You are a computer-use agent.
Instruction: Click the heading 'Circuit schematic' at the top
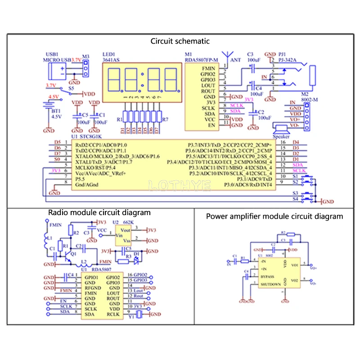[180, 41]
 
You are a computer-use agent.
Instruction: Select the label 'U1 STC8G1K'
[87, 136]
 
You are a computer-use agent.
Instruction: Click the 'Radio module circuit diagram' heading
[99, 212]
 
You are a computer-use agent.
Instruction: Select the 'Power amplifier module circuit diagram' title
[274, 216]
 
